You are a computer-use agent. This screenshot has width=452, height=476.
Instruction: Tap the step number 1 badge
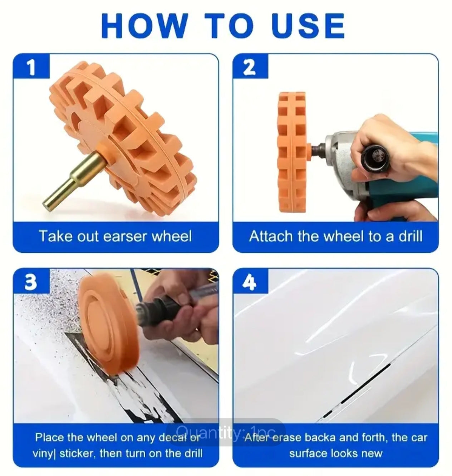pyautogui.click(x=31, y=67)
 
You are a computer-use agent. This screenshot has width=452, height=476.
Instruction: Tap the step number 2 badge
pyautogui.click(x=250, y=67)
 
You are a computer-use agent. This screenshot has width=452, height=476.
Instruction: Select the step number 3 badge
pyautogui.click(x=31, y=282)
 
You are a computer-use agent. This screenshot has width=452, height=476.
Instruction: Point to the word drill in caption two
pyautogui.click(x=410, y=237)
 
